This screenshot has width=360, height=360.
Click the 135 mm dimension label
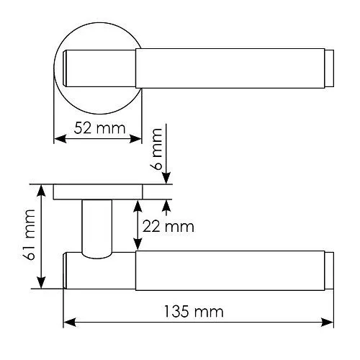coord(193,312)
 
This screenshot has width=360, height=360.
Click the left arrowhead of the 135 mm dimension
coord(68,322)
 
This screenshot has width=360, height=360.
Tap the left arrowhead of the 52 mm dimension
coord(58,140)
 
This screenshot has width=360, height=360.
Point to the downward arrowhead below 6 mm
coord(166,179)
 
